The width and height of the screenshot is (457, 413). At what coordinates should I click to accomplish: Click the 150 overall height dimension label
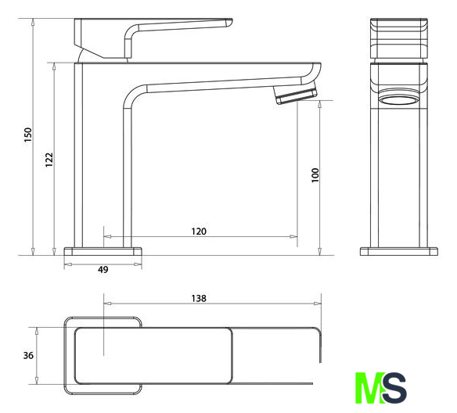[x=27, y=135]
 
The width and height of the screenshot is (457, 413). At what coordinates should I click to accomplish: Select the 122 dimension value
[x=49, y=160]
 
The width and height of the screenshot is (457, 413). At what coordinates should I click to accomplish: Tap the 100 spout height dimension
[x=315, y=175]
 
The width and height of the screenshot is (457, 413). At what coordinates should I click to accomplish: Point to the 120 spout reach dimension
[x=199, y=232]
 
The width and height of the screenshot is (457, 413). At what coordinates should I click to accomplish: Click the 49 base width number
[x=103, y=269]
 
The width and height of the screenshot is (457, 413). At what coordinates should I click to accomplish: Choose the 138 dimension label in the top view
[x=199, y=298]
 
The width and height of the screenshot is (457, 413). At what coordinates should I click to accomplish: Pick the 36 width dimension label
[x=28, y=355]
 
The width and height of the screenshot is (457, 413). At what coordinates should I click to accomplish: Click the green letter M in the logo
[x=369, y=388]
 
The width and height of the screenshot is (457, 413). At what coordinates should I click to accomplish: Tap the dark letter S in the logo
[x=394, y=388]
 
